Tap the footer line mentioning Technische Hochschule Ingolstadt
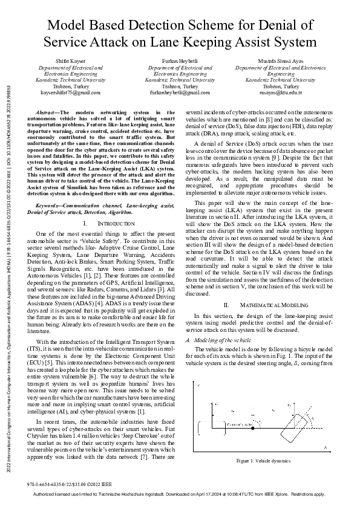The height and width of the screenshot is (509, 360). click(180, 495)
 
